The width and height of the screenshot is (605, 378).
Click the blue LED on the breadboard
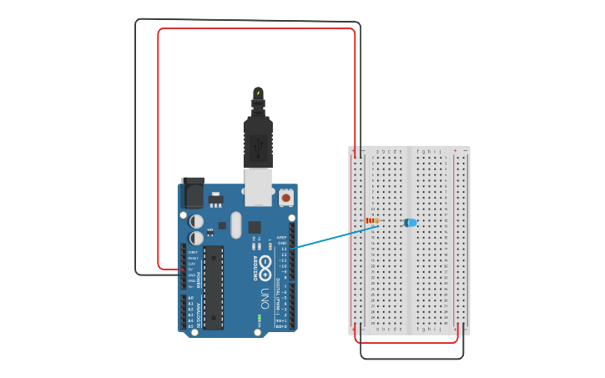pos(411,223)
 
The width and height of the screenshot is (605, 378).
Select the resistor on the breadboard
pos(372,221)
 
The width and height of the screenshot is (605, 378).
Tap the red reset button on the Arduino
pos(286,198)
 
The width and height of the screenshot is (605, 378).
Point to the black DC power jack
pos(193,193)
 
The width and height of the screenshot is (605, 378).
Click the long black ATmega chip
pos(214,286)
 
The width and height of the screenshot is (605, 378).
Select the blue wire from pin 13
pos(334,234)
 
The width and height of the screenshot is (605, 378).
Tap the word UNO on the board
pos(265,296)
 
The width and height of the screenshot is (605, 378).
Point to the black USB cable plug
pos(259,142)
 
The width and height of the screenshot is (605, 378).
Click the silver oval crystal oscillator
pos(234,224)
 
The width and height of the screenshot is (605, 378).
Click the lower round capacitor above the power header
pos(195,238)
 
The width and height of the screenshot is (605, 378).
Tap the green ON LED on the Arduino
pos(260,319)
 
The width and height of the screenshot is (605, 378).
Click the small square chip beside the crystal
pos(254,226)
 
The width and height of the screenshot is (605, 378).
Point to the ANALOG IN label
pos(198,311)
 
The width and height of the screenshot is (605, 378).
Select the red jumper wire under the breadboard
pos(407,342)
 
